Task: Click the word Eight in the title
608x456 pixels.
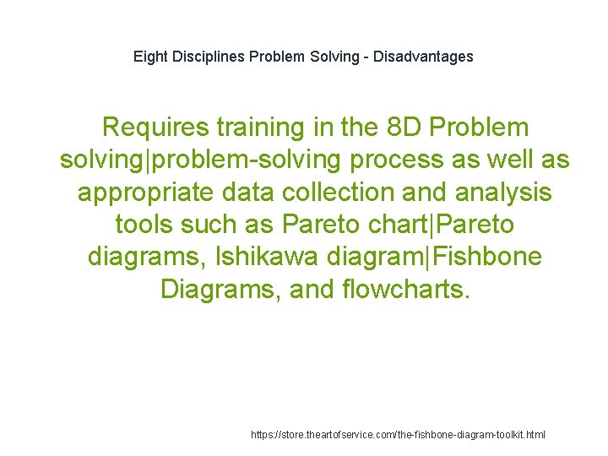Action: [149, 57]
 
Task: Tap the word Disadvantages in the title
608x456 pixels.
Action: [424, 57]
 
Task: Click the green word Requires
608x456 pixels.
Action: [155, 128]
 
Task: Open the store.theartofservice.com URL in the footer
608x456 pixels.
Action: [398, 434]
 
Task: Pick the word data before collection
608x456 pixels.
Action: [247, 192]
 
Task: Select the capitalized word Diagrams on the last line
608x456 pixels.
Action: [220, 290]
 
